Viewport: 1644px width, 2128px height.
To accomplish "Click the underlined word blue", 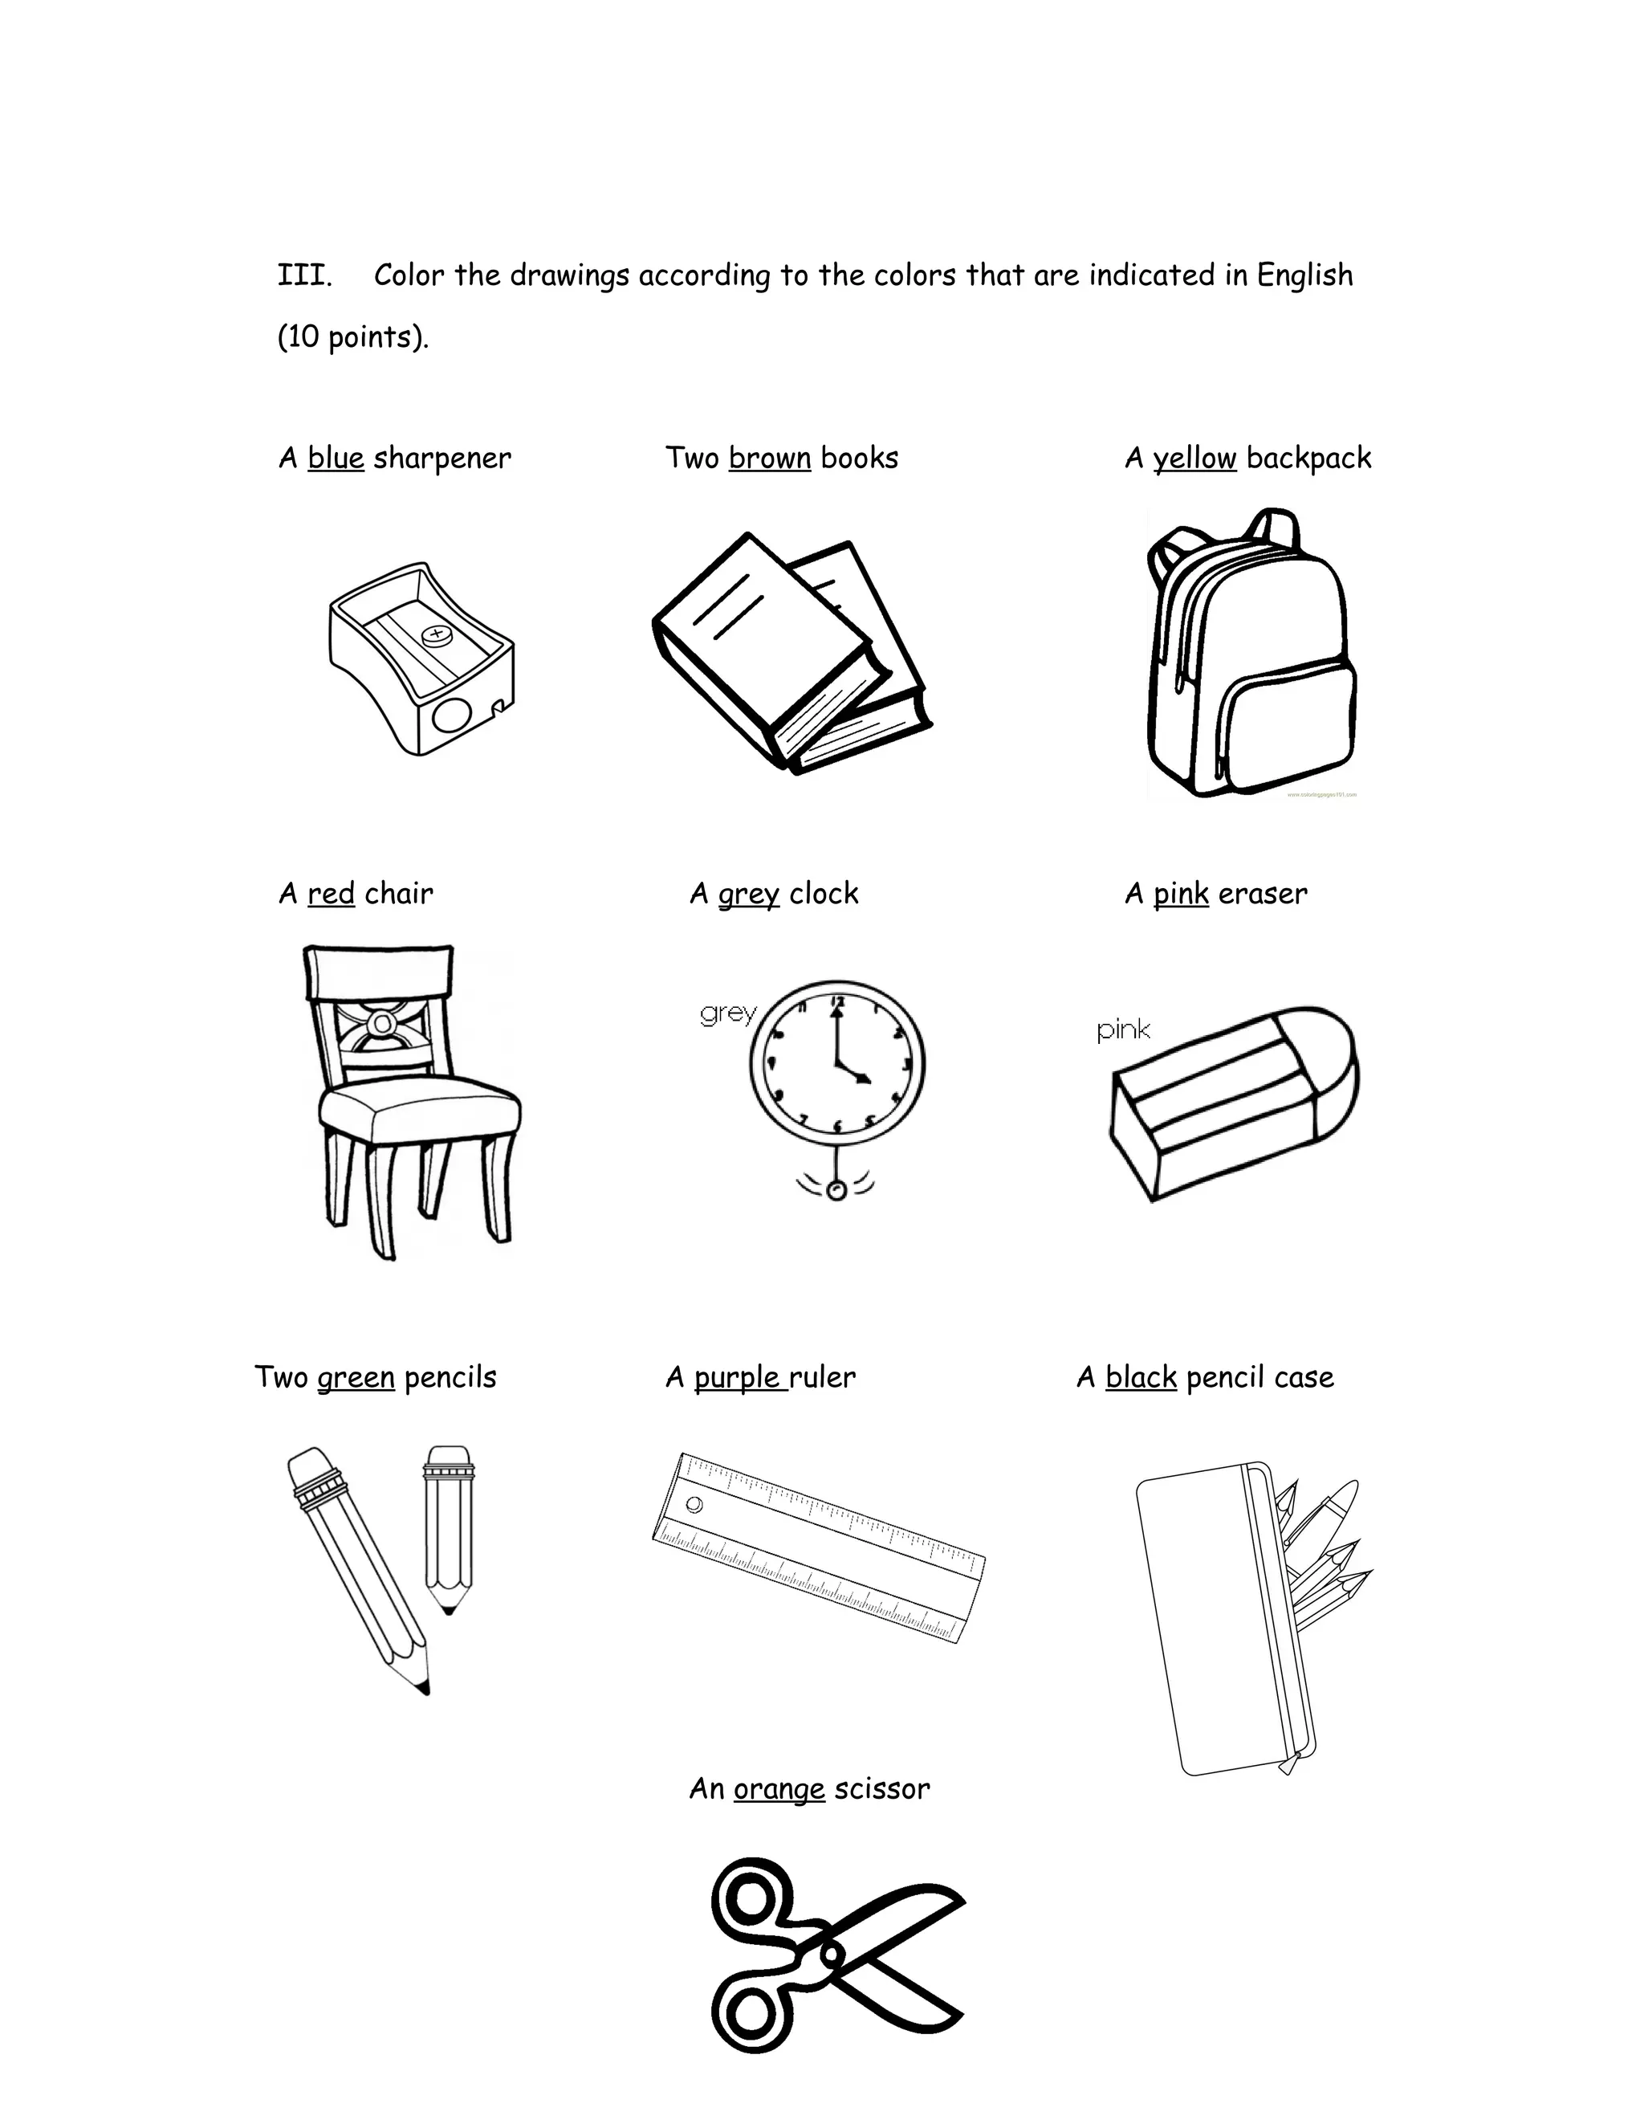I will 335,458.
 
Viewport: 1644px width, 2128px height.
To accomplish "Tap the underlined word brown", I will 769,458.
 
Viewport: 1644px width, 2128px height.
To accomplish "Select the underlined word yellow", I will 1194,458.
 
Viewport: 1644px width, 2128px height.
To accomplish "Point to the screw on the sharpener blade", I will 435,636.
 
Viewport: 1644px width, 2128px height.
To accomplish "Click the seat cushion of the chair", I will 419,1105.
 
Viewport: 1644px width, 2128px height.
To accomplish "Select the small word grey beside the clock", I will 727,1013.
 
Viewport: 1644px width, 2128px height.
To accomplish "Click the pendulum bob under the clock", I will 836,1191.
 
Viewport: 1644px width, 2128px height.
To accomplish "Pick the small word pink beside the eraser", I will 1123,1030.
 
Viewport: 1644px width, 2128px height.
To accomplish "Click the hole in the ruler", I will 694,1504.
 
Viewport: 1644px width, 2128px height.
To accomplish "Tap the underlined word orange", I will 779,1789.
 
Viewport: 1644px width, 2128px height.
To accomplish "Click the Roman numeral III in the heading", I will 304,275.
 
